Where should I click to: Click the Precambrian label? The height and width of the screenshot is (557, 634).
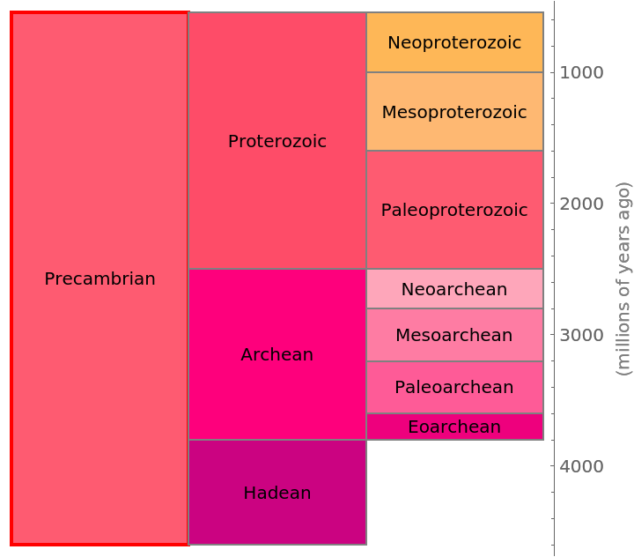click(x=100, y=279)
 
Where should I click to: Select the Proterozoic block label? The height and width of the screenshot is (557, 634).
click(x=277, y=142)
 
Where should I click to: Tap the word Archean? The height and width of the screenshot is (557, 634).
click(x=277, y=355)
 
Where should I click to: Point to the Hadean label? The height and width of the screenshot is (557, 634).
click(x=277, y=494)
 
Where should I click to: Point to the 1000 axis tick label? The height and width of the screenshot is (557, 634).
click(x=582, y=72)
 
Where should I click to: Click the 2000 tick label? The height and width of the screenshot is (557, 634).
click(x=582, y=204)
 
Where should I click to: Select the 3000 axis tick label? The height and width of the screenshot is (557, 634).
click(x=582, y=335)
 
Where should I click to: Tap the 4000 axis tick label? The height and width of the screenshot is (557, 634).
click(x=582, y=466)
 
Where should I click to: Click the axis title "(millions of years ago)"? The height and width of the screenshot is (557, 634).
click(x=623, y=278)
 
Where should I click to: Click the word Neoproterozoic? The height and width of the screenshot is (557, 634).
click(x=454, y=43)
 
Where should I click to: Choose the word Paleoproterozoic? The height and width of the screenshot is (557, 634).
click(x=454, y=211)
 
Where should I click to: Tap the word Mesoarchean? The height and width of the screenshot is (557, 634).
click(x=454, y=336)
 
